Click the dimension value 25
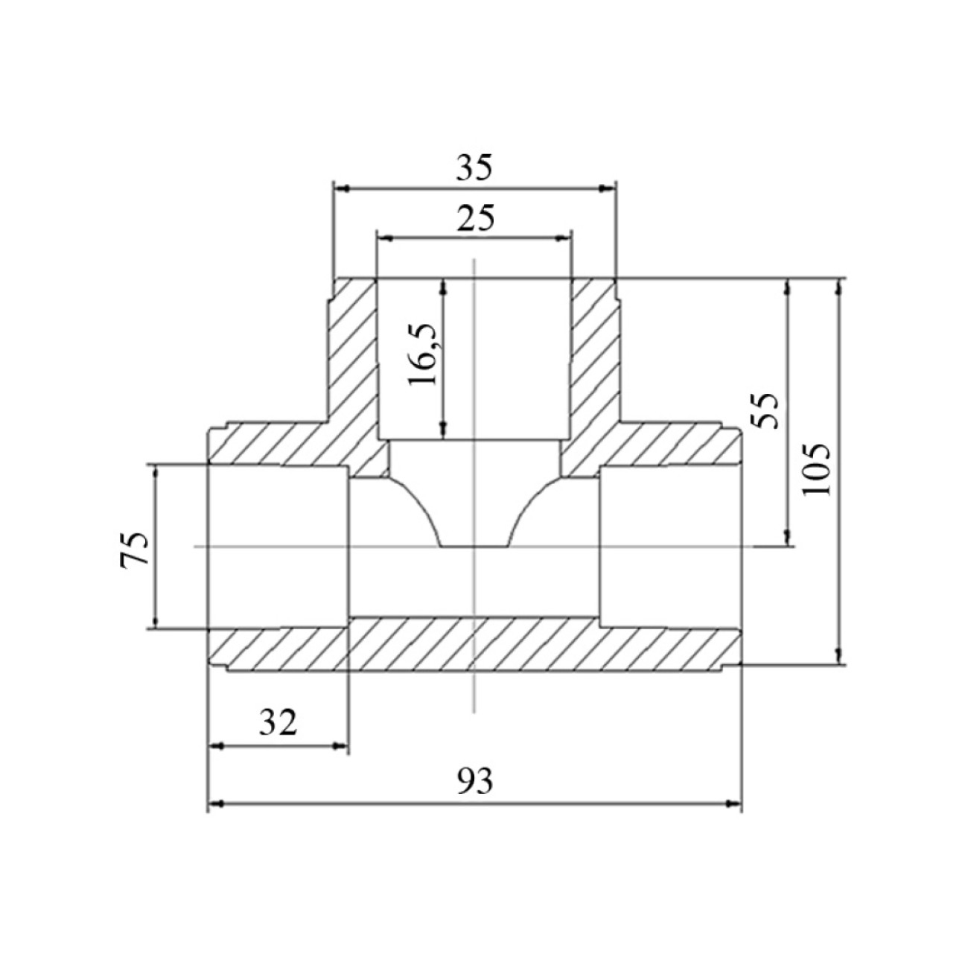tap(475, 217)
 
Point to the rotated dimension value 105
tap(816, 470)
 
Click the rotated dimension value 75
tap(135, 549)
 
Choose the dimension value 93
tap(475, 781)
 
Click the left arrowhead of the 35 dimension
tap(342, 189)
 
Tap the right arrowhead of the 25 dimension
tap(564, 238)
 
